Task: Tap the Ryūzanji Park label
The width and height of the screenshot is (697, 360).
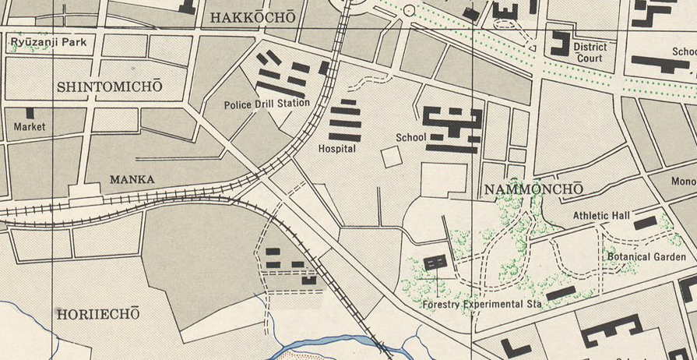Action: pyautogui.click(x=48, y=42)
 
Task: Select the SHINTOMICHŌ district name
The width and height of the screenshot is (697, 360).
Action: pyautogui.click(x=110, y=86)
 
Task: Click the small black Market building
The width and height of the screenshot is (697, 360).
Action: pyautogui.click(x=30, y=113)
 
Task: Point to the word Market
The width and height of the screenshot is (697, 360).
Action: pyautogui.click(x=30, y=127)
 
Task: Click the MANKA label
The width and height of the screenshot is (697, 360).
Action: pyautogui.click(x=132, y=180)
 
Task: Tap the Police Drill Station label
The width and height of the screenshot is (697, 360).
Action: pyautogui.click(x=266, y=104)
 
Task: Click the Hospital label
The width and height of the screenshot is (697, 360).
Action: pyautogui.click(x=337, y=148)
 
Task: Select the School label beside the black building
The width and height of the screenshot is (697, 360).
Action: pyautogui.click(x=410, y=138)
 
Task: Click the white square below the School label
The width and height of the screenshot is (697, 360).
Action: pyautogui.click(x=392, y=157)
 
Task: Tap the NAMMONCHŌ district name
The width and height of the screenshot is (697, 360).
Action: pyautogui.click(x=533, y=190)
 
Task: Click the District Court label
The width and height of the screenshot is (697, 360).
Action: pyautogui.click(x=590, y=52)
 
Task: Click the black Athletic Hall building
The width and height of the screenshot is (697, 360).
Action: pyautogui.click(x=645, y=224)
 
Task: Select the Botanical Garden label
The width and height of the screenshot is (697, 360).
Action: pyautogui.click(x=646, y=256)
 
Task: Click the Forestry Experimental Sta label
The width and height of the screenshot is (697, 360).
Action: pyautogui.click(x=481, y=304)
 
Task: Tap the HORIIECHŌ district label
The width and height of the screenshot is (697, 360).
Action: pyautogui.click(x=97, y=314)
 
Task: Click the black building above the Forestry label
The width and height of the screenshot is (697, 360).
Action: pyautogui.click(x=435, y=263)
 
